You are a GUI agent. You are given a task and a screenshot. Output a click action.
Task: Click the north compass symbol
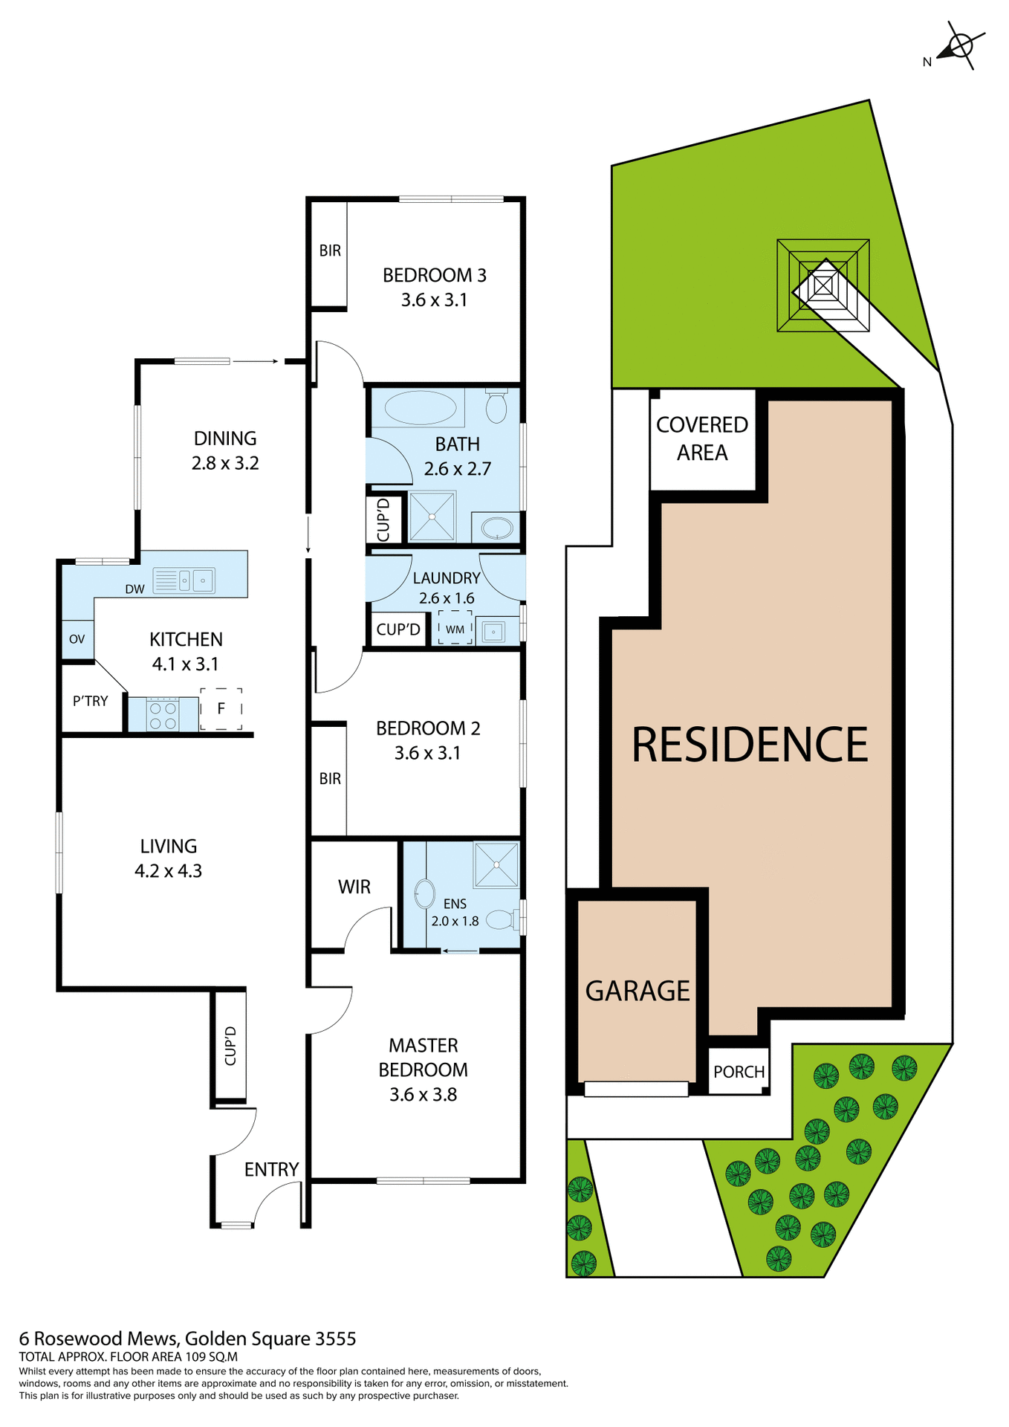pyautogui.click(x=960, y=46)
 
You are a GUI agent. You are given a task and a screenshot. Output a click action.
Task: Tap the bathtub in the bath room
pyautogui.click(x=421, y=407)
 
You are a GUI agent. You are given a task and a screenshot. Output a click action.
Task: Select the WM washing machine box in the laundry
pyautogui.click(x=455, y=629)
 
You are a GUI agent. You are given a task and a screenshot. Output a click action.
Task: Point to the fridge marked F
pyautogui.click(x=221, y=709)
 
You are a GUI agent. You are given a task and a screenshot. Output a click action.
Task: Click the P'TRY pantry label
pyautogui.click(x=91, y=701)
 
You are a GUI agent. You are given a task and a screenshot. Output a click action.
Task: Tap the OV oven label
pyautogui.click(x=77, y=639)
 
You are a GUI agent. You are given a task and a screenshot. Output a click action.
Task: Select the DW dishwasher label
pyautogui.click(x=134, y=589)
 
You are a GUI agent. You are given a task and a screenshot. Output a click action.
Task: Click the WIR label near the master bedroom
pyautogui.click(x=354, y=887)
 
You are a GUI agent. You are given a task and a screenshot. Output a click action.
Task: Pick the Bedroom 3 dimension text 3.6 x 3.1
pyautogui.click(x=434, y=300)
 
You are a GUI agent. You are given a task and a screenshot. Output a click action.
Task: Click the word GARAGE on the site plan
pyautogui.click(x=637, y=991)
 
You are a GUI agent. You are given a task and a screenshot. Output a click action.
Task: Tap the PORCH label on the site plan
pyautogui.click(x=739, y=1072)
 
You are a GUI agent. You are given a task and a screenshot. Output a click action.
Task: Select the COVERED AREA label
pyautogui.click(x=702, y=439)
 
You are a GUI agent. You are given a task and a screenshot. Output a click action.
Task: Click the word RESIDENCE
pyautogui.click(x=750, y=745)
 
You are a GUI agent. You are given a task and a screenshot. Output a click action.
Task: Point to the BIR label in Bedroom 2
pyautogui.click(x=330, y=779)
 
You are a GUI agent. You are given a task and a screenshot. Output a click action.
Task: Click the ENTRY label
pyautogui.click(x=271, y=1170)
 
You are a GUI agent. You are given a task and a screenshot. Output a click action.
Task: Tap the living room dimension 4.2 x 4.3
pyautogui.click(x=168, y=871)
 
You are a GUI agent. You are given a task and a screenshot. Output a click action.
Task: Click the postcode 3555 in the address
pyautogui.click(x=336, y=1339)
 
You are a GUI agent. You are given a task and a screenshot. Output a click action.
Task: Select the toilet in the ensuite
pyautogui.click(x=501, y=920)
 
